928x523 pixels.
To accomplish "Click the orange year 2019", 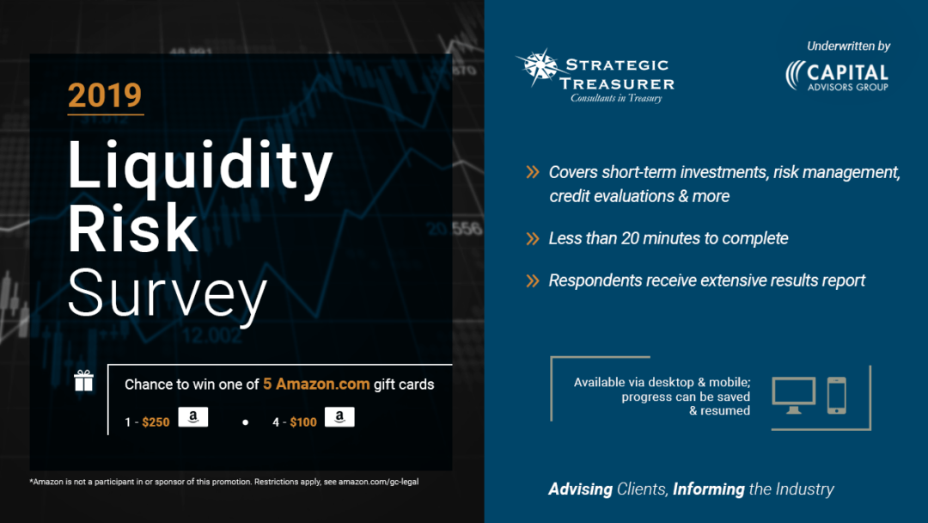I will (x=105, y=95).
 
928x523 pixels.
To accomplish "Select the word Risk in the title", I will (x=132, y=229).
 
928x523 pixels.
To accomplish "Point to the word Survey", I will (x=167, y=293).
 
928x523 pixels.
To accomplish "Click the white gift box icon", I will (x=83, y=381).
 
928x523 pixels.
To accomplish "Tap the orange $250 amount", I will (x=156, y=421).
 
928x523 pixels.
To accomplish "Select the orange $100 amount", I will (x=303, y=421).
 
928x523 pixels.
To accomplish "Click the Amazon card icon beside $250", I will (x=193, y=418).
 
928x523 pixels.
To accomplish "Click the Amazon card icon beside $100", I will (x=339, y=418).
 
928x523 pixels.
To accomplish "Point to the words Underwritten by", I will (x=848, y=46).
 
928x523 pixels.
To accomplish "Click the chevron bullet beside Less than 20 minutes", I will (x=533, y=239).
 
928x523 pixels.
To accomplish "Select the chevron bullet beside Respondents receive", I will (x=533, y=280).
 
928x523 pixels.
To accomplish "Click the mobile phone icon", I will (x=836, y=395).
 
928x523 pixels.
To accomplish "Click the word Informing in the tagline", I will (x=709, y=489).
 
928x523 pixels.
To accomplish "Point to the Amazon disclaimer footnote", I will (x=224, y=482).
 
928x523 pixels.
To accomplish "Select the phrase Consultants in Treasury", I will (x=616, y=98).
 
